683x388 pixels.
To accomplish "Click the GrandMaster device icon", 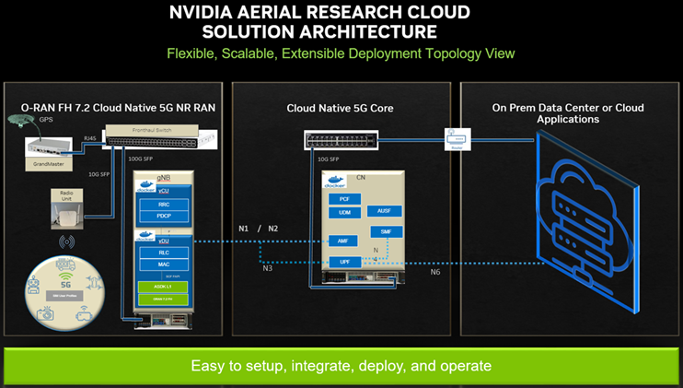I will click(48, 145).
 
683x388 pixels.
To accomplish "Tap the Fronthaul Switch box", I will click(151, 135).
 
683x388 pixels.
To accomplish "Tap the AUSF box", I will click(383, 211).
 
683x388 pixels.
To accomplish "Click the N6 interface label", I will click(435, 272).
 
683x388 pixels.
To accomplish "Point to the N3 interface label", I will click(267, 268).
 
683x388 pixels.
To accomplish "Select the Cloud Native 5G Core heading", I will click(340, 108).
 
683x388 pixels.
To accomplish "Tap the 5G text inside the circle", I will click(64, 285).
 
